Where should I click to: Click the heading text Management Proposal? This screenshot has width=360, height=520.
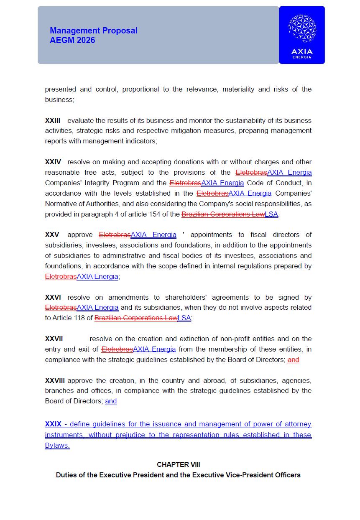coord(93,31)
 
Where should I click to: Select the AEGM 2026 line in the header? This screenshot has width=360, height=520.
coord(72,40)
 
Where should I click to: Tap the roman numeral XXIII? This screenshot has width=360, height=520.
coord(53,120)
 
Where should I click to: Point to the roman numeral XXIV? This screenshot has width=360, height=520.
coord(53,162)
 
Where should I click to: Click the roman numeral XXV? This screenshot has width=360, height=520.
coord(52,235)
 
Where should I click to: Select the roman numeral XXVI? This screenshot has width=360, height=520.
coord(53,297)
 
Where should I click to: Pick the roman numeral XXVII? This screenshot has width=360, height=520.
coord(54,339)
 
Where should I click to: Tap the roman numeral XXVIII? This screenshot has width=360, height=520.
coord(55,380)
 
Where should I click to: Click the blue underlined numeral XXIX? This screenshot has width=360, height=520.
coord(53,424)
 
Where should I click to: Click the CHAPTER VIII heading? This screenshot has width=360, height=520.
coord(179,464)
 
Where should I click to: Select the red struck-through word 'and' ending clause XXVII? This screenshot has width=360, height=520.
coord(293,359)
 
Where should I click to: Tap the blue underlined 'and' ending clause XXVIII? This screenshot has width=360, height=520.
coord(111,401)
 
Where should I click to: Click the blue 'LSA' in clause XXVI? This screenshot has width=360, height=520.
coord(184,318)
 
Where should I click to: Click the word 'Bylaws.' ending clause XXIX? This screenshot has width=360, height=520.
coord(57,445)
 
